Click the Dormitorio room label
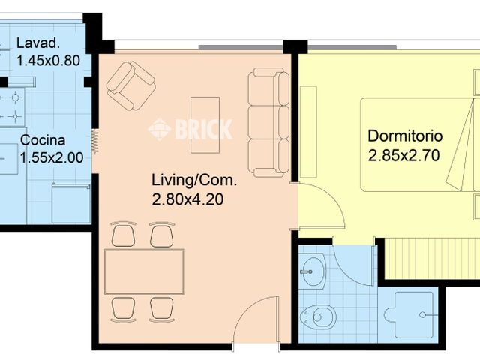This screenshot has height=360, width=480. pos(405,136)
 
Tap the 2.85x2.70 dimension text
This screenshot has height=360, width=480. pos(403,155)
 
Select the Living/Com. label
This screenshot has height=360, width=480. pos(194,180)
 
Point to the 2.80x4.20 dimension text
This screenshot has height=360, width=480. pos(187,200)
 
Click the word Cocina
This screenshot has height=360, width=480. pos(43,140)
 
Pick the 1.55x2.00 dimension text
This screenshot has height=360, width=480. pos(52,158)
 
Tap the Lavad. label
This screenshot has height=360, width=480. pos(38,43)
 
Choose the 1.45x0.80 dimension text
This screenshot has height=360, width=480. pos(48,61)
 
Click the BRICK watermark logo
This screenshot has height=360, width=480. pos(190,130)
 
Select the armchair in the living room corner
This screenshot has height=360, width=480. pos(131,86)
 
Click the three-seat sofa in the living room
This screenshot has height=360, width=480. pos(268,122)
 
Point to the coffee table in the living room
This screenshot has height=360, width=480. pos(205,125)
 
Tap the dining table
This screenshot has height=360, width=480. pos(144,271)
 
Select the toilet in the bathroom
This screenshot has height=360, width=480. pos(318,316)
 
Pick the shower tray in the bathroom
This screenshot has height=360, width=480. pos(410,315)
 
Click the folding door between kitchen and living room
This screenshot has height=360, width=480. pos(95,142)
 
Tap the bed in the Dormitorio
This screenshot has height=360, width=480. pos(420,145)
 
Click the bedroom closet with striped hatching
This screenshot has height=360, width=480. pos(432,258)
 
